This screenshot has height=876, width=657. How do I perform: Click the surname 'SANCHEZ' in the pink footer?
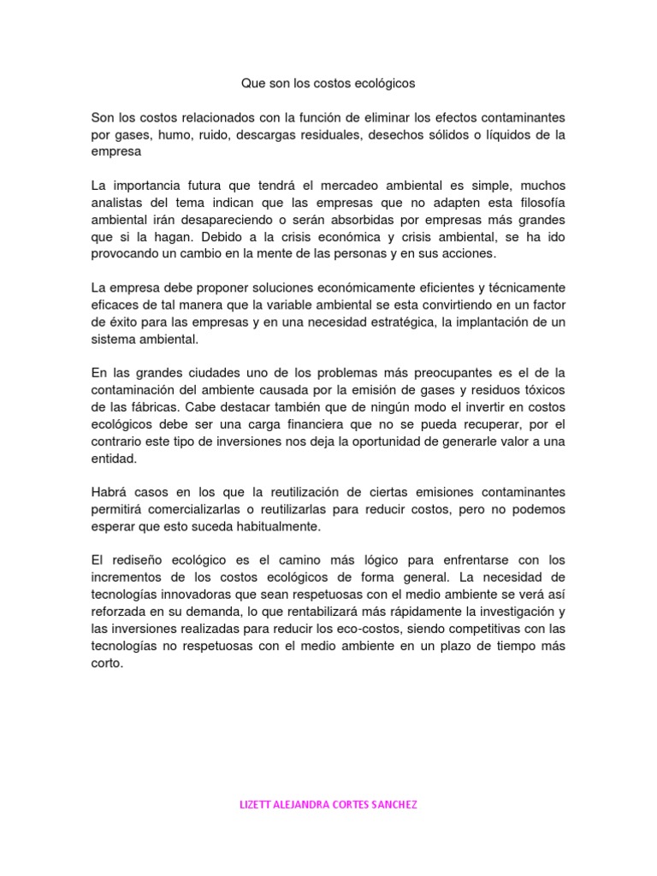391,805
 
